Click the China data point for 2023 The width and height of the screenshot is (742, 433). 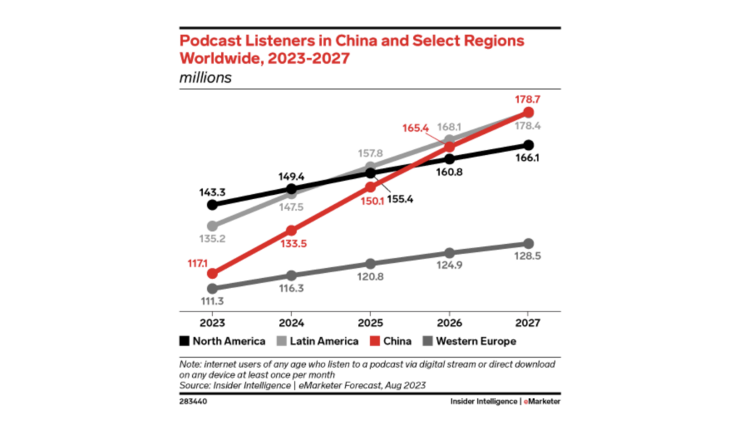212,273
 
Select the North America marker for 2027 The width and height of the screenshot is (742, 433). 528,145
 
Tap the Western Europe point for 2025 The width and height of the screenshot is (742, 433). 370,264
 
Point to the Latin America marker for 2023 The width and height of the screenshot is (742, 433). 212,226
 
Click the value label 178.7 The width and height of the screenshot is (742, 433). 528,98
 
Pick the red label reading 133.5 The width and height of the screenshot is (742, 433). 291,243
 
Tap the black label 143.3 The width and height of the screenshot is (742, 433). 212,193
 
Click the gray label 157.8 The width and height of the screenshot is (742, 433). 370,154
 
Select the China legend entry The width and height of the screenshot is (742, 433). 391,340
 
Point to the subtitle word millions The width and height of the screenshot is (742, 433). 206,77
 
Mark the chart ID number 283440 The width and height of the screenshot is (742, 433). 193,400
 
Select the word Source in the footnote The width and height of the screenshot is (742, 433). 194,387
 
